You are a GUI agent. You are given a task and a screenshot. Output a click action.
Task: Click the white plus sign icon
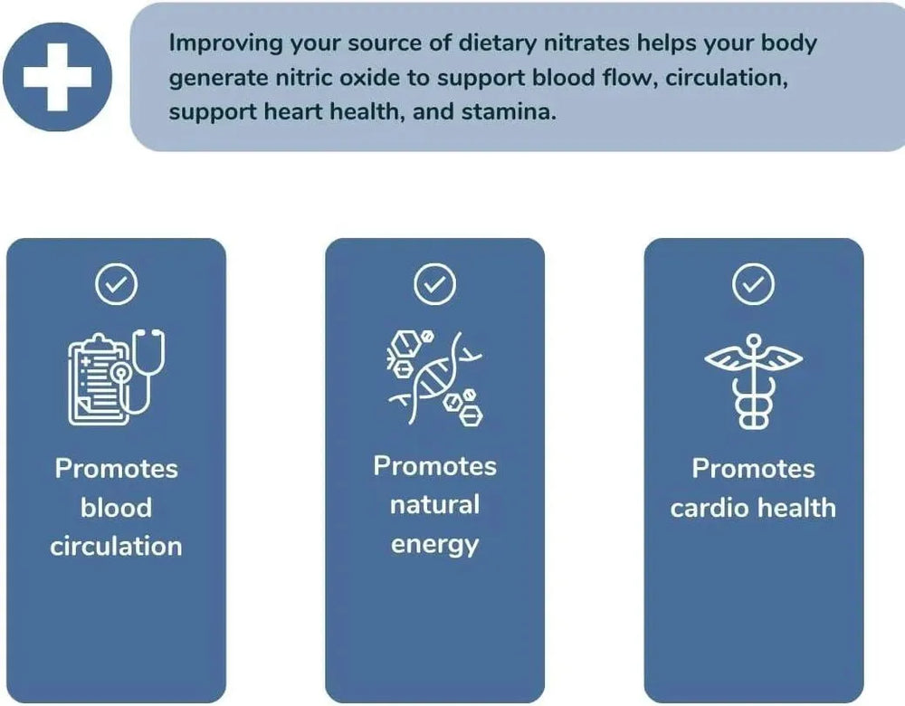click(x=57, y=77)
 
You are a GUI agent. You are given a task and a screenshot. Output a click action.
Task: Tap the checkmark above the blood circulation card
click(x=116, y=284)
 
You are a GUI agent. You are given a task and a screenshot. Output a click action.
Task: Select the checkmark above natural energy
click(x=434, y=284)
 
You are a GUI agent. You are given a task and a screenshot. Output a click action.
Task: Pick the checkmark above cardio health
click(x=753, y=284)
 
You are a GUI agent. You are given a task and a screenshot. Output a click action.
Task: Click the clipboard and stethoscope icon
click(x=116, y=377)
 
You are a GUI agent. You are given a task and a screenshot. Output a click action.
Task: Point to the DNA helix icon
click(x=434, y=377)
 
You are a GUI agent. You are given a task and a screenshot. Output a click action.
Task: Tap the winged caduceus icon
click(x=753, y=381)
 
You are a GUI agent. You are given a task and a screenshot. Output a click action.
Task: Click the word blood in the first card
click(x=116, y=508)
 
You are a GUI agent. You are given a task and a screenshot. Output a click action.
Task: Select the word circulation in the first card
click(x=116, y=546)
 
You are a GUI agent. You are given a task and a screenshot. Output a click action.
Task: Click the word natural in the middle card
click(x=434, y=504)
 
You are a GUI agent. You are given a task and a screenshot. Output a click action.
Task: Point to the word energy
click(x=434, y=545)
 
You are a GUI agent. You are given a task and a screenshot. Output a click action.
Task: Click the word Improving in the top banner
click(x=225, y=43)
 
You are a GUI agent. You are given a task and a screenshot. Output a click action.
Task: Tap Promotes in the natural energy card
click(x=434, y=466)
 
